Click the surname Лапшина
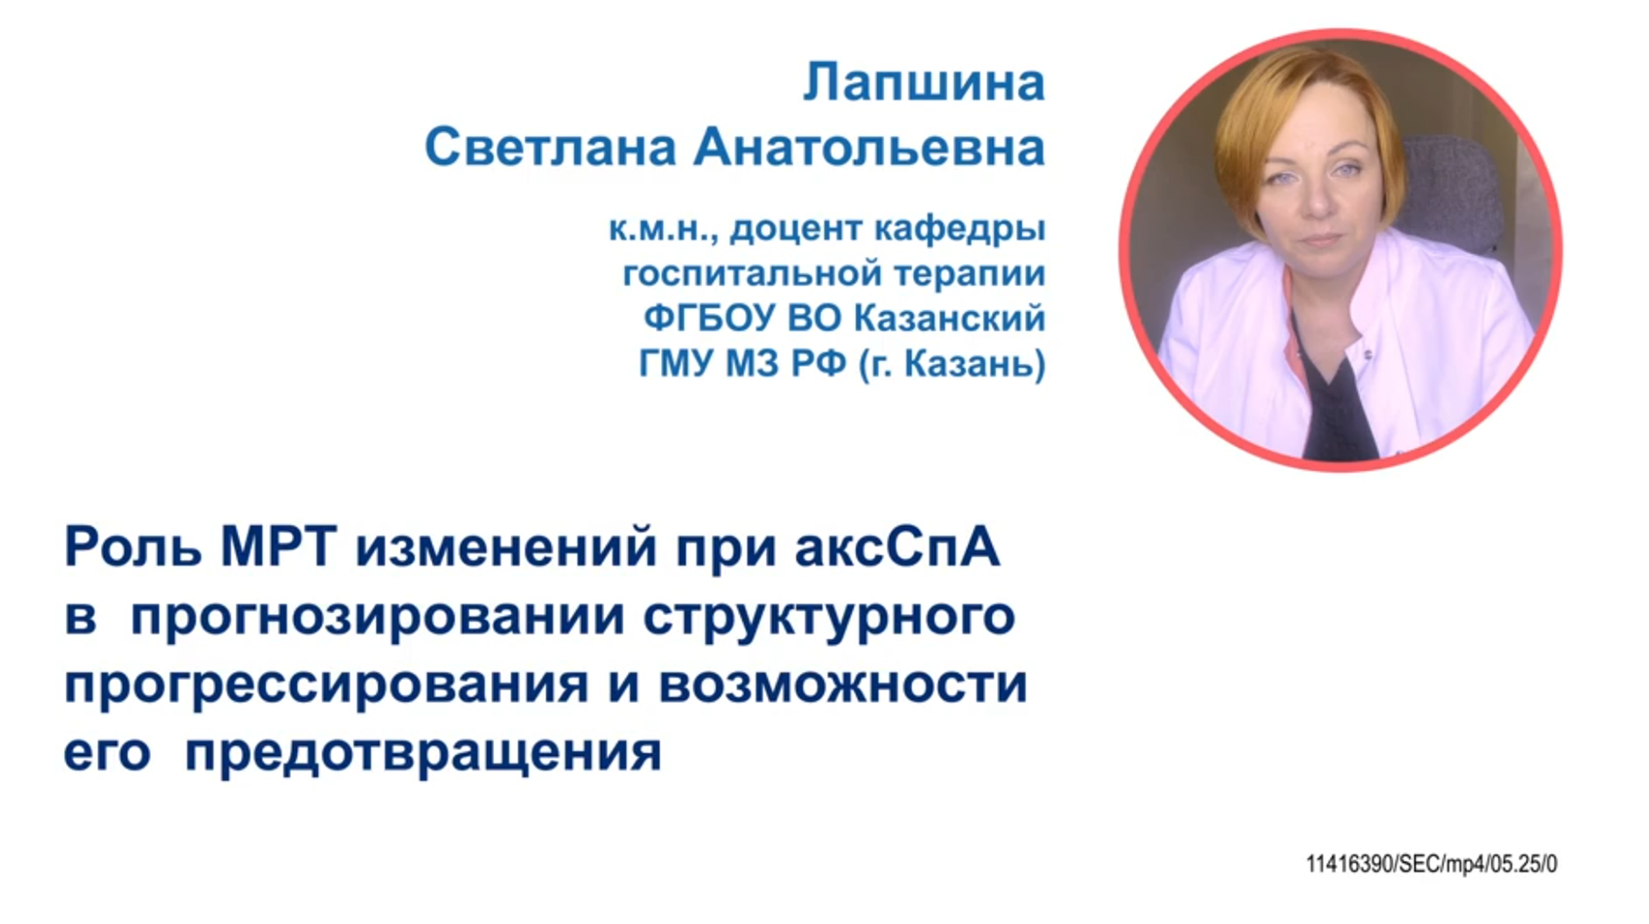pyautogui.click(x=923, y=83)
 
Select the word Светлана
pyautogui.click(x=550, y=147)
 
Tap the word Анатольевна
pyautogui.click(x=869, y=147)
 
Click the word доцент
pyautogui.click(x=796, y=229)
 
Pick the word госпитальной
pyautogui.click(x=753, y=274)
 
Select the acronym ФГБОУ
pyautogui.click(x=709, y=318)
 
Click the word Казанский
pyautogui.click(x=950, y=318)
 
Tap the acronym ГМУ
pyautogui.click(x=677, y=363)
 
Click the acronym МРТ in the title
pyautogui.click(x=278, y=546)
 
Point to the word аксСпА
pyautogui.click(x=897, y=546)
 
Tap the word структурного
pyautogui.click(x=829, y=616)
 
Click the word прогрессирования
pyautogui.click(x=326, y=685)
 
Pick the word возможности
pyautogui.click(x=843, y=685)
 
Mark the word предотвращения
pyautogui.click(x=423, y=753)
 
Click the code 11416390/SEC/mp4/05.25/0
pyautogui.click(x=1431, y=864)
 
